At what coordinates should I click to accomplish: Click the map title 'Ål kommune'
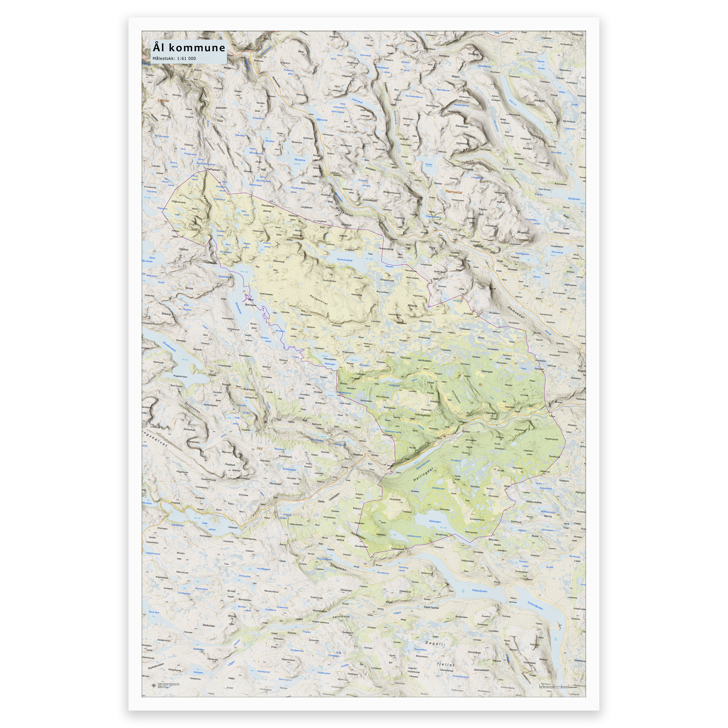point(188,48)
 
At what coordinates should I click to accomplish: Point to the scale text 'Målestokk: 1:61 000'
point(174,58)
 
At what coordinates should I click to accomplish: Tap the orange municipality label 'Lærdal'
point(164,101)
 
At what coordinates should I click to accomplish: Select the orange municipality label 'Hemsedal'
point(454,192)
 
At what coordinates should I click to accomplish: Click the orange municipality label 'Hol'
point(259,448)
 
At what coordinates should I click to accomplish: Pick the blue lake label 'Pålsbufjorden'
point(479,591)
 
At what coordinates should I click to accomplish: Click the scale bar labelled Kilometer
point(554,686)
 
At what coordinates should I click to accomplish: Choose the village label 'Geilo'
point(321,502)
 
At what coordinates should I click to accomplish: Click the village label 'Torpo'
point(517,412)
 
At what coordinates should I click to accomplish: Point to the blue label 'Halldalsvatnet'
point(414,536)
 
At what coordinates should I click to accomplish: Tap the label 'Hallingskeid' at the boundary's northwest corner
point(213,170)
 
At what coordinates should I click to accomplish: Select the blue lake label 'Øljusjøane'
point(300,160)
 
